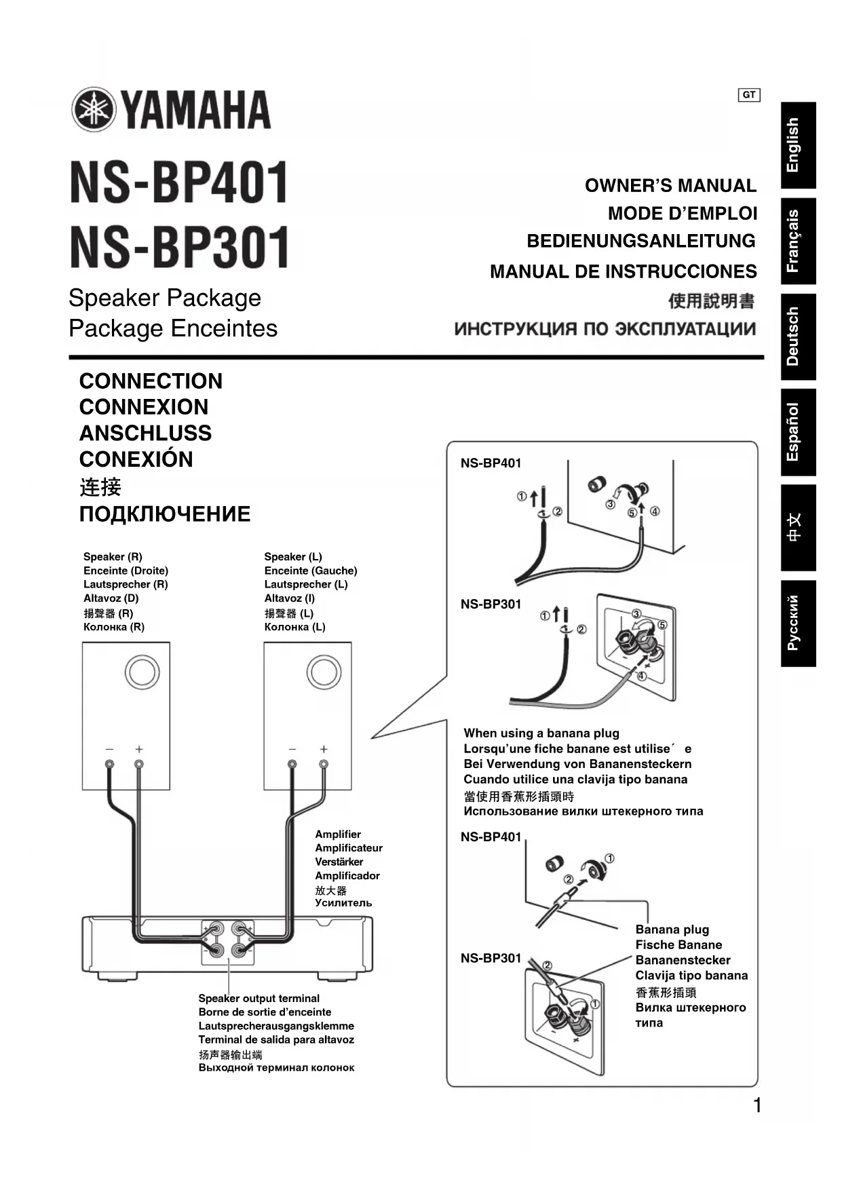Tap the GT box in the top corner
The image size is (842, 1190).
[748, 95]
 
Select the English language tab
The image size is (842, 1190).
[797, 145]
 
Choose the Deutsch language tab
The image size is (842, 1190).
[797, 337]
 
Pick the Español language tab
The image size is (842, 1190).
[797, 432]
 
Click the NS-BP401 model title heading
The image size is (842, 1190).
[179, 183]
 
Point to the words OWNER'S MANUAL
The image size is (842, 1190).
[670, 186]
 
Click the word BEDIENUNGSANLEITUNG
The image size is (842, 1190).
[640, 241]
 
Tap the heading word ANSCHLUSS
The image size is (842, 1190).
[145, 433]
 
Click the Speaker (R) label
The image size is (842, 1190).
[113, 556]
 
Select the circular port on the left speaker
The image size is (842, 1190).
[142, 672]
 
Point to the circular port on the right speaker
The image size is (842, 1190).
[324, 672]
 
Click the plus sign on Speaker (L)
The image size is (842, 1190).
[324, 749]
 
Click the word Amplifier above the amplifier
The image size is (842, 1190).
[338, 834]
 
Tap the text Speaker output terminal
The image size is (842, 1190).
[259, 998]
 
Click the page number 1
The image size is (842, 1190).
[757, 1105]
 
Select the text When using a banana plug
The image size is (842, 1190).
[541, 733]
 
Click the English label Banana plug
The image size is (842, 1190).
[672, 929]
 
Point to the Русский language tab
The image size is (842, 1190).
[797, 623]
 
